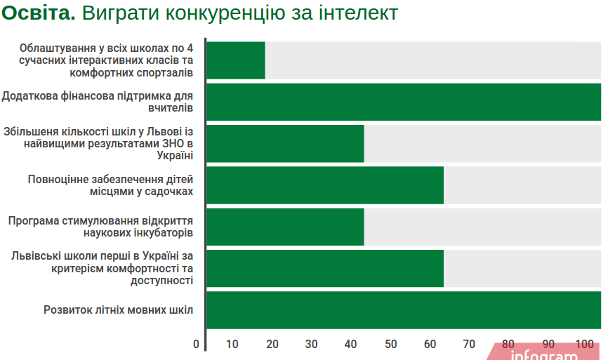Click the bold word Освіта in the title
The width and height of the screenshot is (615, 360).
(x=38, y=13)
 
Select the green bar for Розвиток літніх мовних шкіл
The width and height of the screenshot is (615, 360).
(x=404, y=309)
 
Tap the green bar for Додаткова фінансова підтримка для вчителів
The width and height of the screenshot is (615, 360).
(x=404, y=102)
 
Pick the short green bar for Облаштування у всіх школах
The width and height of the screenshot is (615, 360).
(x=236, y=60)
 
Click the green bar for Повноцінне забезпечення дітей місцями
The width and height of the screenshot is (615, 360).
(x=325, y=185)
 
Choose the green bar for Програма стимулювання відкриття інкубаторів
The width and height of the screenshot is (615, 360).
(x=285, y=227)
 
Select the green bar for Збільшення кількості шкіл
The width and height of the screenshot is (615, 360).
(x=285, y=144)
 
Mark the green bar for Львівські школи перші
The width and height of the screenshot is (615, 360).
(x=325, y=268)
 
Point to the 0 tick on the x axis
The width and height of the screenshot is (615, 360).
(x=196, y=345)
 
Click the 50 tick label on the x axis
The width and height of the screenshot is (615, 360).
(x=390, y=345)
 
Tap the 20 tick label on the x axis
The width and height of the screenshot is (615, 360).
(x=272, y=345)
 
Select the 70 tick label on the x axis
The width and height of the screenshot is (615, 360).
(x=469, y=345)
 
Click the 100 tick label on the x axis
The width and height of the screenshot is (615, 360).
(x=584, y=345)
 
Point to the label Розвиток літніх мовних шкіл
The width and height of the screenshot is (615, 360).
(x=118, y=309)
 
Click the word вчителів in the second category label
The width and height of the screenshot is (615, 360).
(x=171, y=108)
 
